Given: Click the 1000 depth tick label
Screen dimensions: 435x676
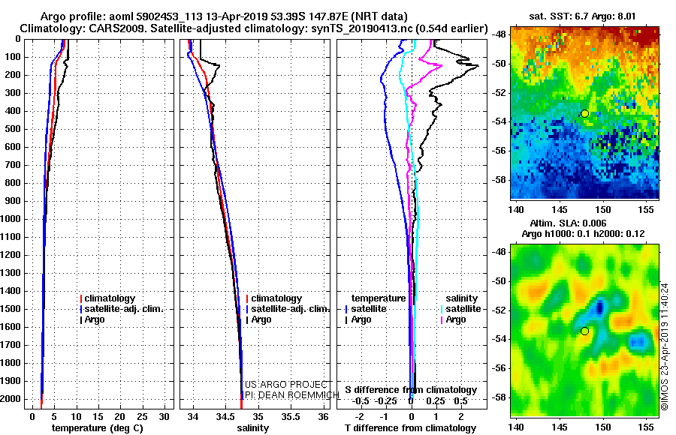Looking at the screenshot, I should [x=13, y=219].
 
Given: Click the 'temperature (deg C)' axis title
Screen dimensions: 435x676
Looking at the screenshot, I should [x=97, y=427].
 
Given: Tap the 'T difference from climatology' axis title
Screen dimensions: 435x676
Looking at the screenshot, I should [x=410, y=427].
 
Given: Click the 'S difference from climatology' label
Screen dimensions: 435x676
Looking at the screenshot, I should [x=410, y=390].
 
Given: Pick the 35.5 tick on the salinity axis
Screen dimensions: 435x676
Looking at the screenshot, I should [x=290, y=415].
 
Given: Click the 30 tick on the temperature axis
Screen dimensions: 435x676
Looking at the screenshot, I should [x=166, y=415].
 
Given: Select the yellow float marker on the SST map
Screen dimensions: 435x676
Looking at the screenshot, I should [x=584, y=113].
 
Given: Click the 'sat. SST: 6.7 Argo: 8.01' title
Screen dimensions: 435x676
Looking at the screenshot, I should [x=582, y=15].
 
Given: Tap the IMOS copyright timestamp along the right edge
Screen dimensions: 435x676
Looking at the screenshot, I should [x=665, y=345].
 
